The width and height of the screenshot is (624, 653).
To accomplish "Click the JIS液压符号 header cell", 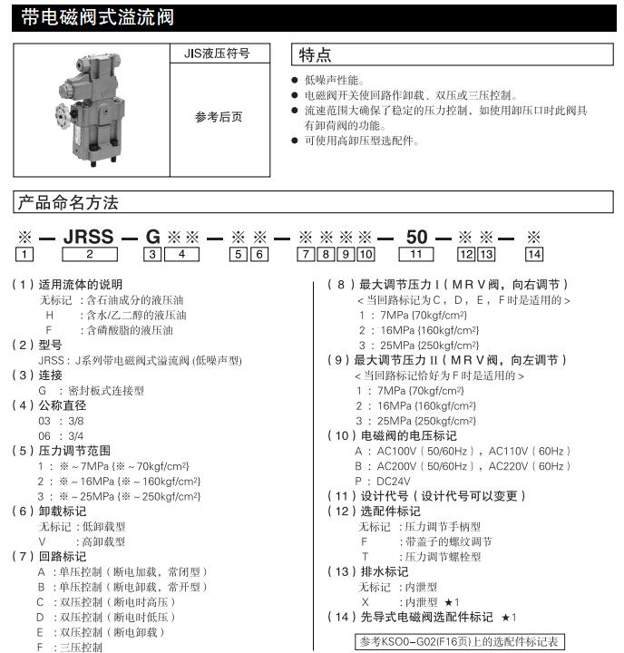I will point(219,53).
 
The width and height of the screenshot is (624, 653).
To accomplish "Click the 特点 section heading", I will point(317,55).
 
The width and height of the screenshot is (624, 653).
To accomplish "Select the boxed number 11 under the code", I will point(416,255).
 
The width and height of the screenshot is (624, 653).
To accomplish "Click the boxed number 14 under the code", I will point(534,255).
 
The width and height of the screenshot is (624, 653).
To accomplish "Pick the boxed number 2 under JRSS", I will point(89,255).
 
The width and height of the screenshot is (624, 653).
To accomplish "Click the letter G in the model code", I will point(153,238).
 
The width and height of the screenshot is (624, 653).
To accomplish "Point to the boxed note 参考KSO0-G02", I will point(460,641).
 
